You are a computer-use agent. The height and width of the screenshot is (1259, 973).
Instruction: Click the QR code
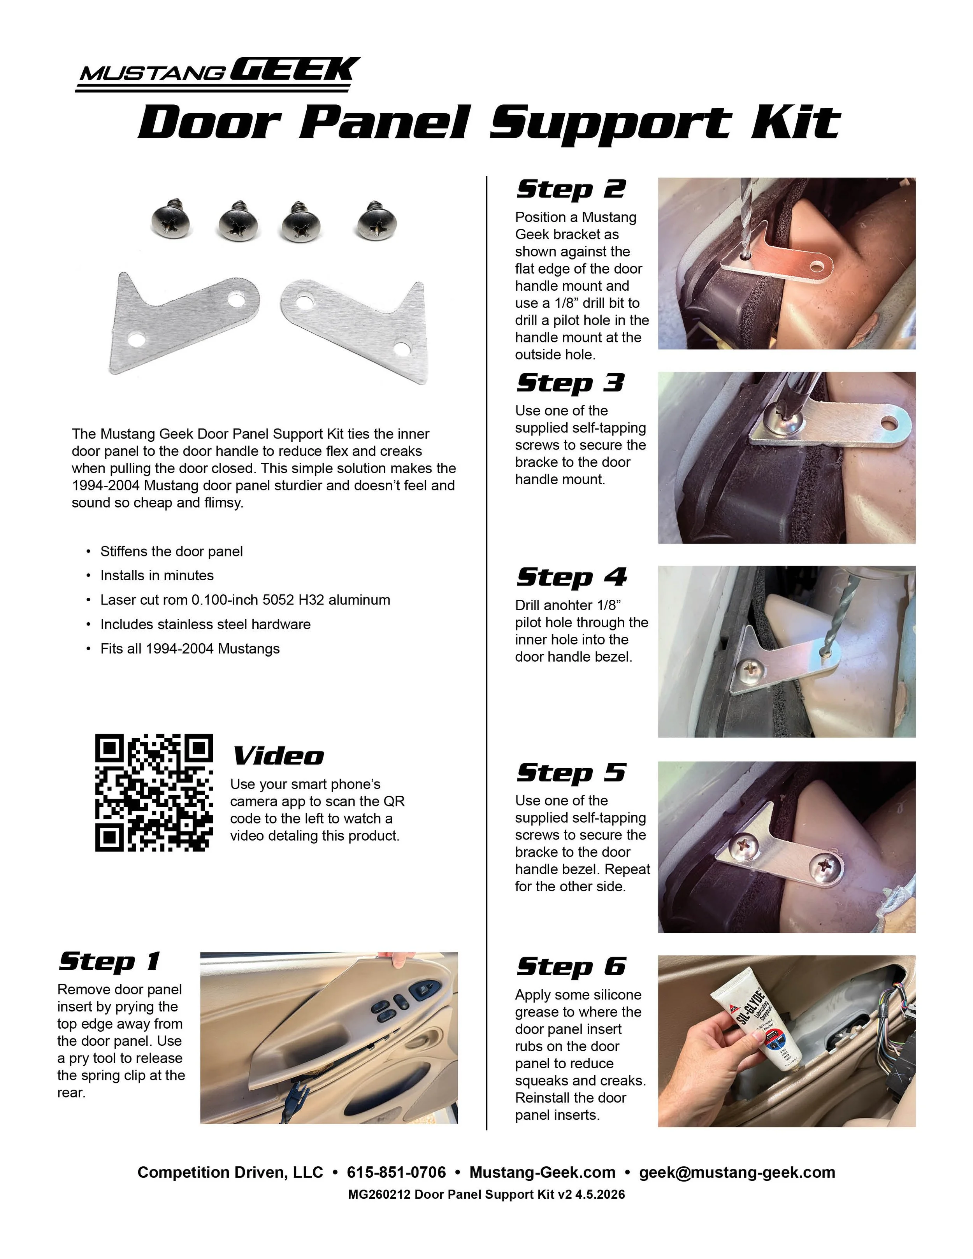154,793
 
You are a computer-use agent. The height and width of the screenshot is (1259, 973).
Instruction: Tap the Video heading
278,756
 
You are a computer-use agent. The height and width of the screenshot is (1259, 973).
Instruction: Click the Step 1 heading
109,961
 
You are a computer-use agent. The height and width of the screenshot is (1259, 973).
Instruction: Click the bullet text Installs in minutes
157,575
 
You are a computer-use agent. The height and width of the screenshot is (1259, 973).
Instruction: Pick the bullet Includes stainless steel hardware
205,624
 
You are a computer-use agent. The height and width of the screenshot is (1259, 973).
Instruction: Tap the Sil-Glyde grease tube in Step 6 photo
755,1020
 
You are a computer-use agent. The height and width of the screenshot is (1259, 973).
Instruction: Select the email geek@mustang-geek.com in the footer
737,1173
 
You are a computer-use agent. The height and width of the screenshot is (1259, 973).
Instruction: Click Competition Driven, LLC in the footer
230,1173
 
